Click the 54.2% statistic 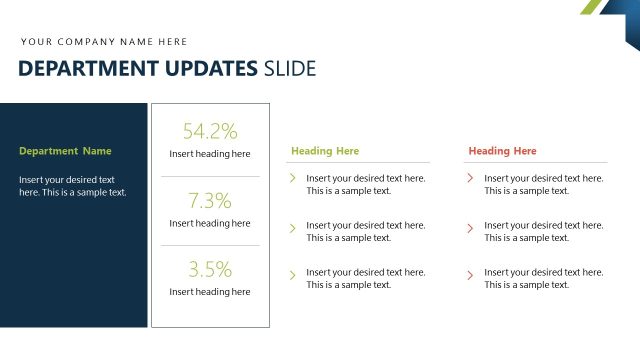click(210, 131)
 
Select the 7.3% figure click(210, 200)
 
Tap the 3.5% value click(210, 269)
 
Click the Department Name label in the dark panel click(65, 151)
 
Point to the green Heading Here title click(325, 151)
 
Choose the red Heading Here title click(503, 151)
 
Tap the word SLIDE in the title click(289, 69)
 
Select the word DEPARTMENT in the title click(87, 69)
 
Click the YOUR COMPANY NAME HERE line click(104, 42)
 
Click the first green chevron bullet click(292, 178)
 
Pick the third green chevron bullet click(292, 273)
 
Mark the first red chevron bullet click(470, 178)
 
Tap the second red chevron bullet click(470, 228)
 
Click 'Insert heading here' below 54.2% click(210, 154)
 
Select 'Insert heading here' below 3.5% click(210, 292)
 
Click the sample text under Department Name click(72, 186)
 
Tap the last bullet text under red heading click(543, 278)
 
